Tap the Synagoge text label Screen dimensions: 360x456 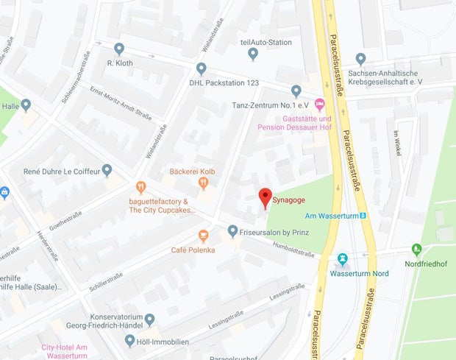(x=290, y=199)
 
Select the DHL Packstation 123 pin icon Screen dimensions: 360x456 (x=201, y=68)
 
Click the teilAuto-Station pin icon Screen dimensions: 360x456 (x=253, y=53)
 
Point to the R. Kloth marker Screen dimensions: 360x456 (x=119, y=49)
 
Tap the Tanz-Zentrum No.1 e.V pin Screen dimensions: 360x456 (x=296, y=91)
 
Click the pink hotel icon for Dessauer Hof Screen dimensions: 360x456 (x=319, y=104)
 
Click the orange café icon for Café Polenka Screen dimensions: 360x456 (x=203, y=236)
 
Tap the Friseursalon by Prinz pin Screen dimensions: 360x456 (x=232, y=231)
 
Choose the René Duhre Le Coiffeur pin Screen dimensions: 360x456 (x=107, y=170)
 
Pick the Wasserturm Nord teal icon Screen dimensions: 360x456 (x=342, y=259)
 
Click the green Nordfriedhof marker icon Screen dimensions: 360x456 (x=417, y=250)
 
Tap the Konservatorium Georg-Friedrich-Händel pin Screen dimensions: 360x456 (x=149, y=319)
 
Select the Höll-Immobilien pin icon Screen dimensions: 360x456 (x=129, y=340)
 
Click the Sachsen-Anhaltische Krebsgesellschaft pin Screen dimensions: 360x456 (x=360, y=58)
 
